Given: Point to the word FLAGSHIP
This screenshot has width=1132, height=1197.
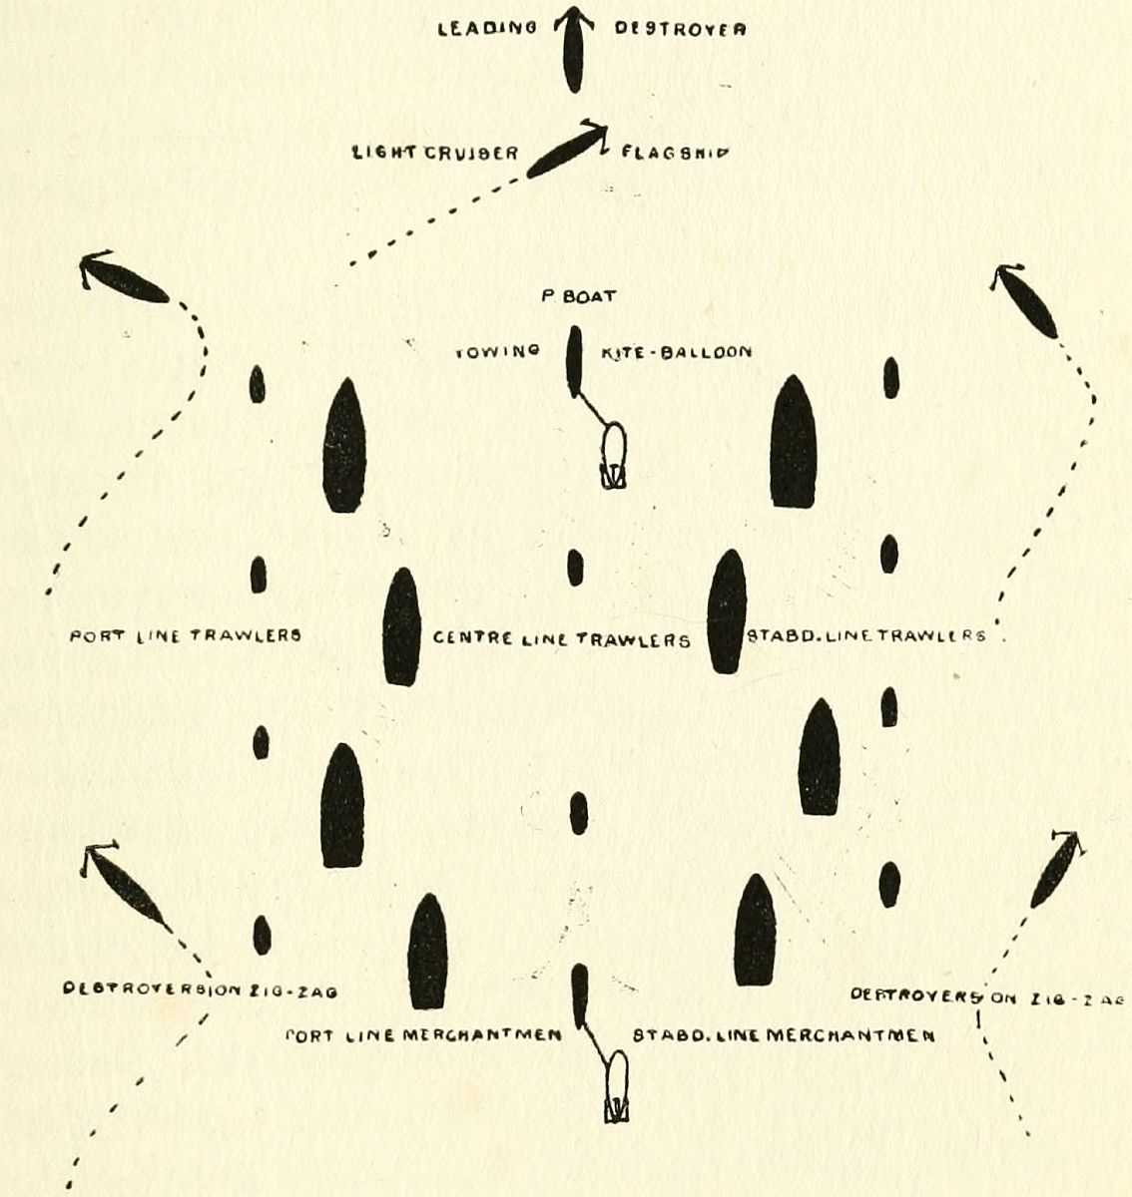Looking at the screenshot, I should point(673,153).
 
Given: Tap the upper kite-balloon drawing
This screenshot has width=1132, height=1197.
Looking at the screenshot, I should point(612,457).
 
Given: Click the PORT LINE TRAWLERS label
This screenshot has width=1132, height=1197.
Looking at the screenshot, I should point(185,634).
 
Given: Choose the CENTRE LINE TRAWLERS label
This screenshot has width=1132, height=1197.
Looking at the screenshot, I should point(562,639).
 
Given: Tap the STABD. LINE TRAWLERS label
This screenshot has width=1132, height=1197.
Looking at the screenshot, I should point(865,635).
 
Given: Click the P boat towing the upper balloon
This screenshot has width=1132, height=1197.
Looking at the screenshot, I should point(574,360).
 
